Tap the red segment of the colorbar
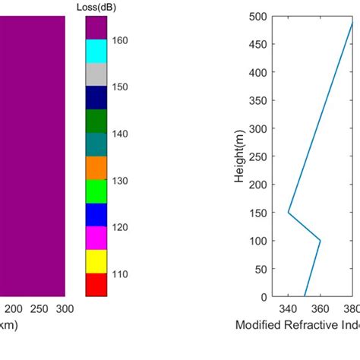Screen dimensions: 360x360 [96, 284]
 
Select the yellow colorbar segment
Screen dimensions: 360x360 [96, 261]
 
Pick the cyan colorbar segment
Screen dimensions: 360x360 [96, 51]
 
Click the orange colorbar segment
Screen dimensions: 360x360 [96, 168]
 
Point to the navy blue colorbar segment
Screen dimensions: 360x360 [96, 98]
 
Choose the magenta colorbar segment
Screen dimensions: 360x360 [96, 238]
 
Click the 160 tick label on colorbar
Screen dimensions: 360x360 [121, 40]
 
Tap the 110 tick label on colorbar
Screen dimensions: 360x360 [121, 274]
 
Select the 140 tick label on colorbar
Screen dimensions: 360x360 [121, 134]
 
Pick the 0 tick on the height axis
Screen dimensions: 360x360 [264, 297]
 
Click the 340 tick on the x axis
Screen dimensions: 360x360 [288, 309]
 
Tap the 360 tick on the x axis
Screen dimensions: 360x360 [321, 309]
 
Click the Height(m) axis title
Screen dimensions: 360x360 [239, 156]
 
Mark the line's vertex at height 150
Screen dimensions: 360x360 [289, 213]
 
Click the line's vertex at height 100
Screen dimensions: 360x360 [321, 241]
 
